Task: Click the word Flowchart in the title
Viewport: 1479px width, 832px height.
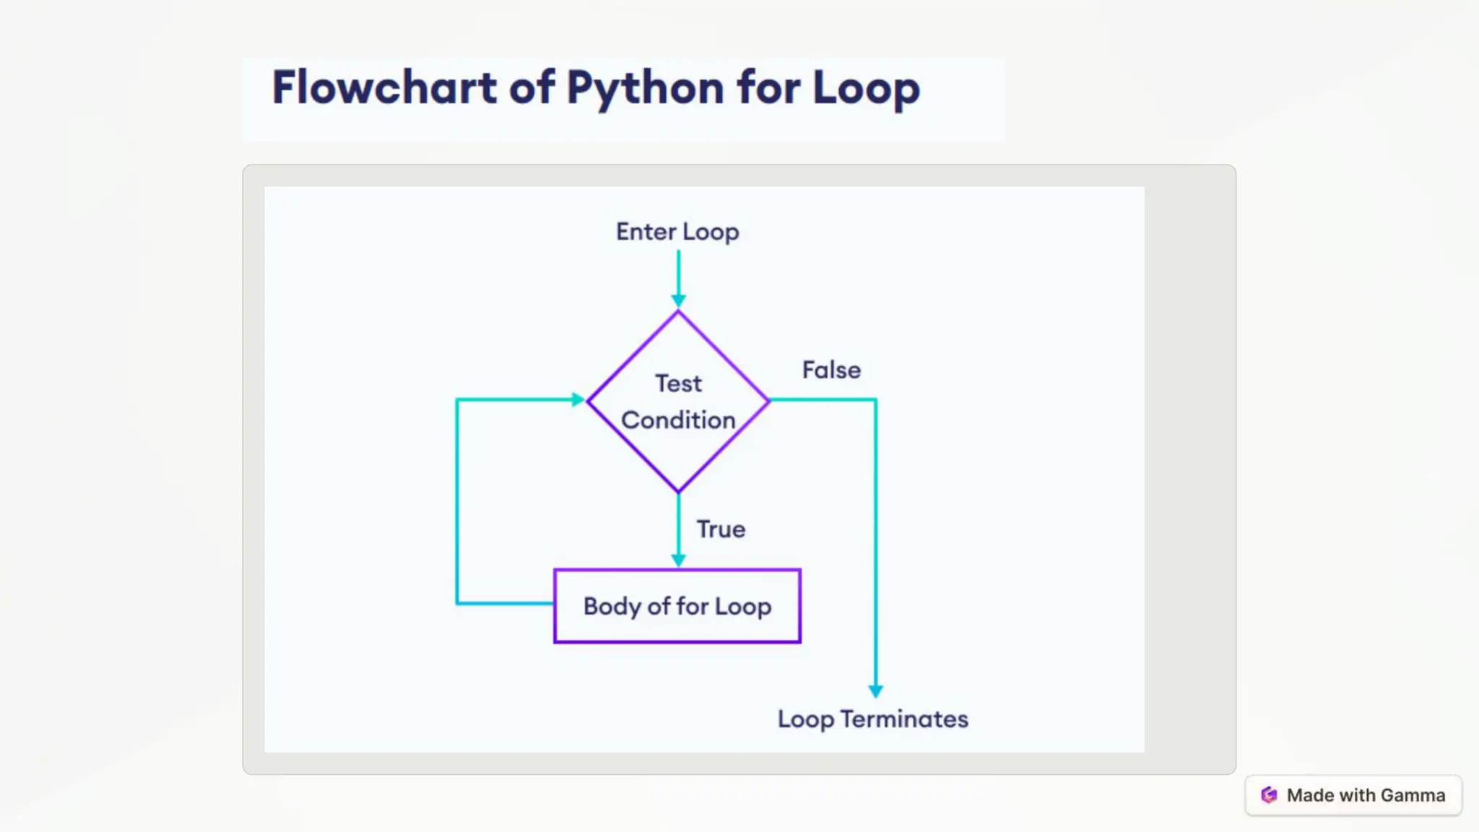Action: coord(383,87)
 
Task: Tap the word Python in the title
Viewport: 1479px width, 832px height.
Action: coord(644,89)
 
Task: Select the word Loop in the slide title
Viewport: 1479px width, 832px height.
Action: coord(866,89)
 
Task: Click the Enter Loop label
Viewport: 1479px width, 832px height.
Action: coord(677,232)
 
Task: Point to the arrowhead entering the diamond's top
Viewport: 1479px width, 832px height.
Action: coord(678,300)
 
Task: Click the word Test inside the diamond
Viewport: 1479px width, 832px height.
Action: coord(678,383)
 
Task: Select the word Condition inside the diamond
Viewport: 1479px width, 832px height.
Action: coord(678,420)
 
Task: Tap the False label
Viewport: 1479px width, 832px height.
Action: coord(831,370)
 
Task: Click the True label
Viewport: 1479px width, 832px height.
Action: coord(721,529)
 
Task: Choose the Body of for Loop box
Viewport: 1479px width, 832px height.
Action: coord(677,606)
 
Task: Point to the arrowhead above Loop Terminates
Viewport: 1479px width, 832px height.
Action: coord(875,690)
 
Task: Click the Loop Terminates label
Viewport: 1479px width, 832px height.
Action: coord(872,719)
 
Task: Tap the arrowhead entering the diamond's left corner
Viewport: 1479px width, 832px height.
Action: coord(578,399)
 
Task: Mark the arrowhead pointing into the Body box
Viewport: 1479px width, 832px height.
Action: coord(678,560)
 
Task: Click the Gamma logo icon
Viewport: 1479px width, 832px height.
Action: coord(1269,795)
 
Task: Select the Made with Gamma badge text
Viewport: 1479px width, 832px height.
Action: coord(1366,795)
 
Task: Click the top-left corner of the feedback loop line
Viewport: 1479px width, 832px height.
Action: coord(457,399)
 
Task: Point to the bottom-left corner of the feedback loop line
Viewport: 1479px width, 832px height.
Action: coord(457,602)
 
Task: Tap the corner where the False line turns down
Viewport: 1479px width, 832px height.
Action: coord(875,399)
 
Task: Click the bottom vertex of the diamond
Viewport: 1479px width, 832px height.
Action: coord(678,491)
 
